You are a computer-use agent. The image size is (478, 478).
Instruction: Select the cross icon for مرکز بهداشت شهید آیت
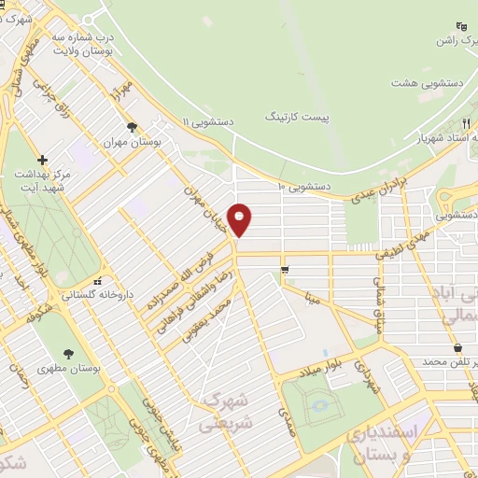point(42,160)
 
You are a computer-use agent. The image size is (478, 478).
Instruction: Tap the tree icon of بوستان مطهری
point(69,353)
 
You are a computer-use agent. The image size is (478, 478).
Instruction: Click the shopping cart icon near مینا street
point(284,270)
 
